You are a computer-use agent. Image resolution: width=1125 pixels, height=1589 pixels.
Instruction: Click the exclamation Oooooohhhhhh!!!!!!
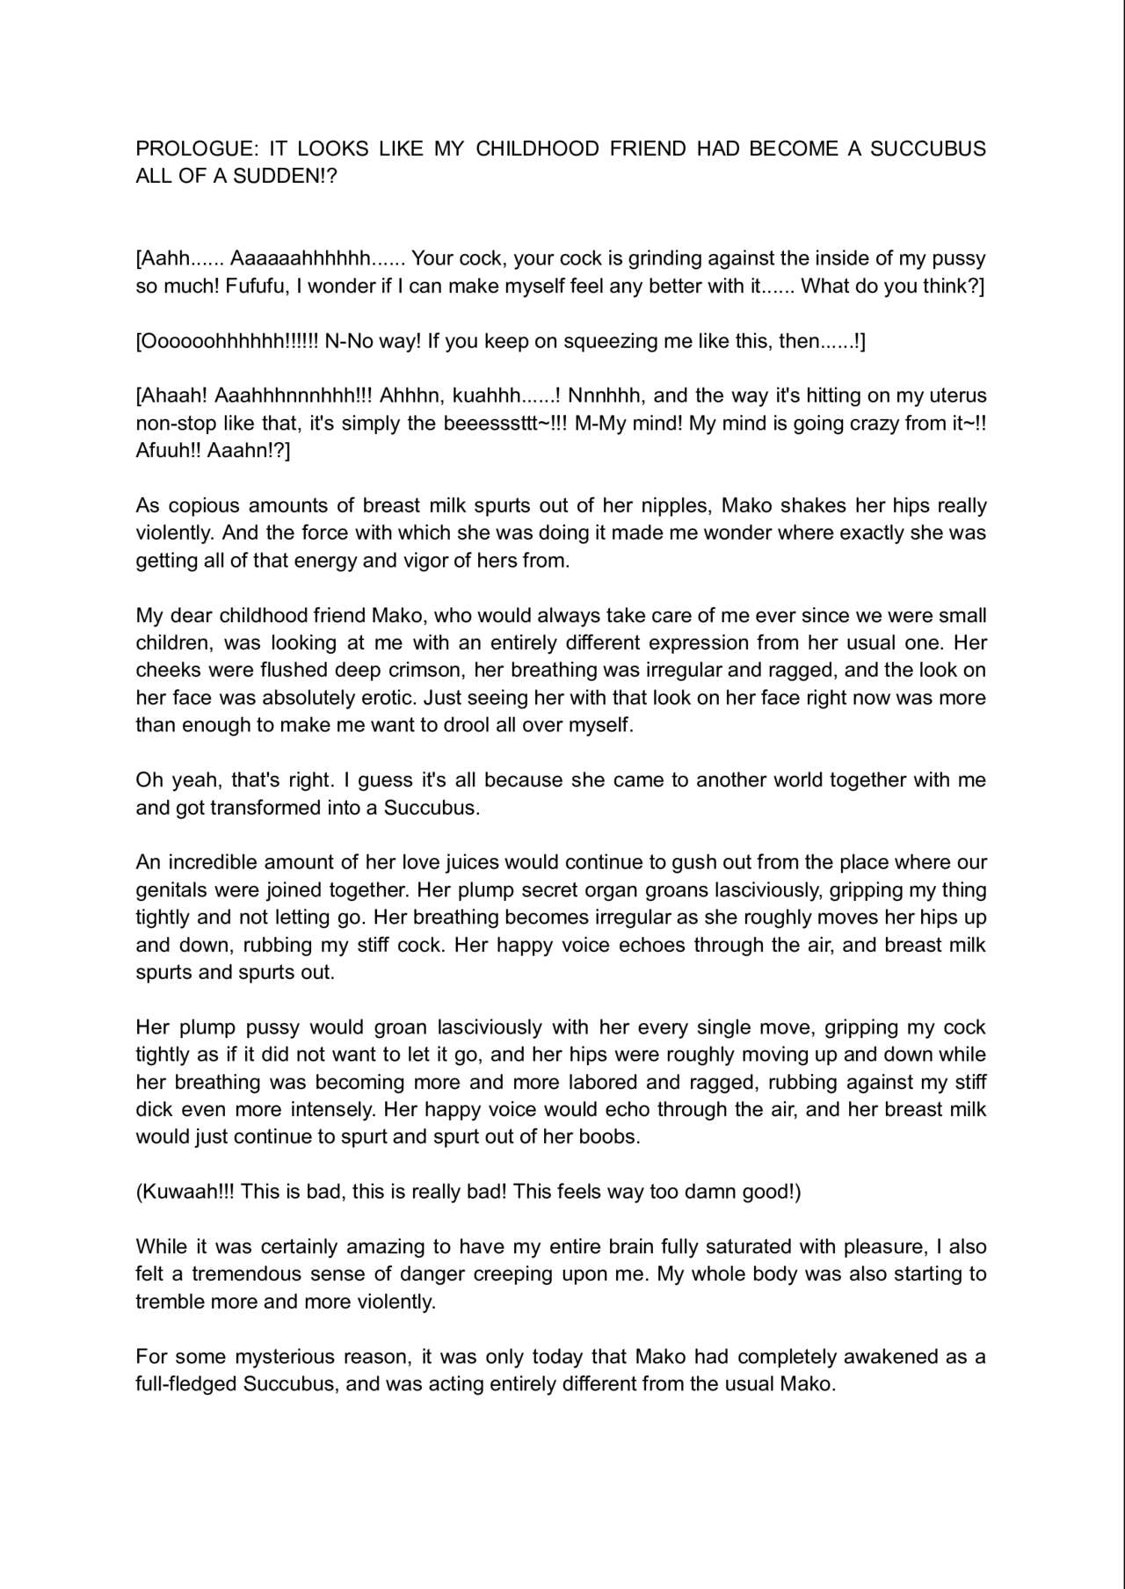click(x=228, y=341)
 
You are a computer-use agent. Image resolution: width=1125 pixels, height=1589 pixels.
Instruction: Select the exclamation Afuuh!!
click(x=168, y=451)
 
